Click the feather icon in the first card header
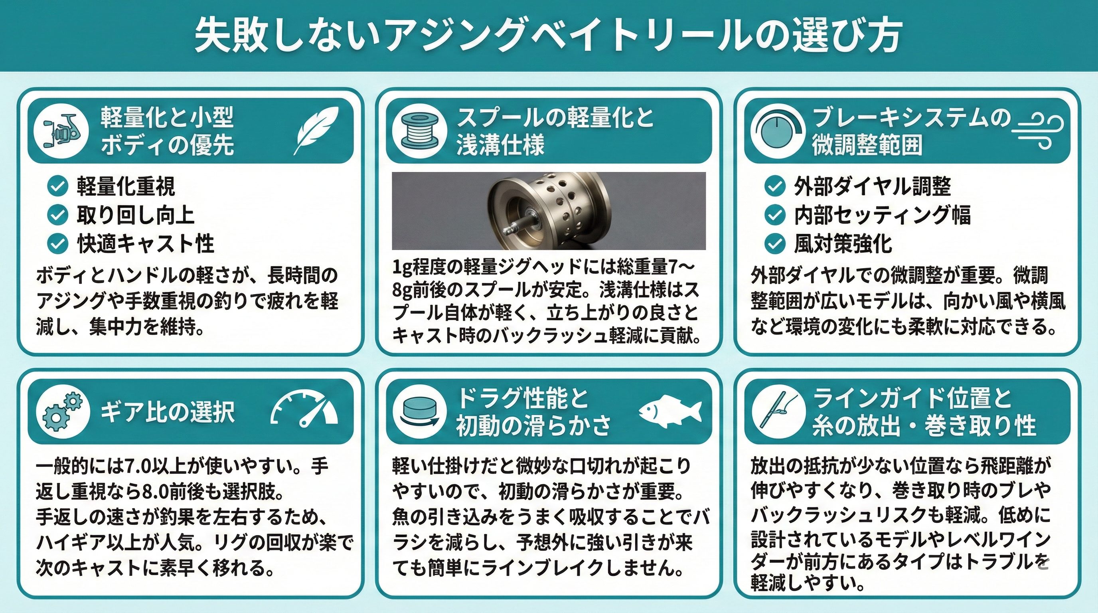316,130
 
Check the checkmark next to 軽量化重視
57,186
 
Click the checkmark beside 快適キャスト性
57,244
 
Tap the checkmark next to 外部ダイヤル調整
774,186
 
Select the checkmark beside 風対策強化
774,244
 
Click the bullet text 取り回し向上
136,215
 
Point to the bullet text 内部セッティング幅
882,215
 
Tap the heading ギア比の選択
168,412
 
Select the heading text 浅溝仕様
500,144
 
